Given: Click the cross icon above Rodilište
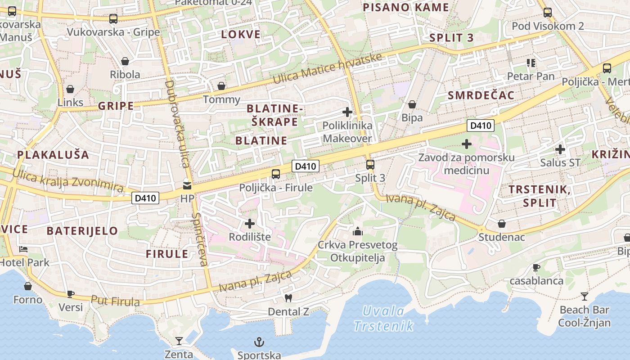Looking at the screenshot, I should click(249, 223).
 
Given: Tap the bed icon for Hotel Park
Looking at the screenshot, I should click(23, 249).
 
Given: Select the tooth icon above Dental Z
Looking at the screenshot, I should click(288, 298).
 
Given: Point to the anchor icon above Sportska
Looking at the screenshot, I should click(259, 342).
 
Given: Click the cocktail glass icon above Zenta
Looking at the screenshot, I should click(179, 341).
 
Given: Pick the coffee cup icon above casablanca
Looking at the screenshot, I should click(536, 267).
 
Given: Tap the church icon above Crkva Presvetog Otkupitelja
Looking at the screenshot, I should click(358, 231).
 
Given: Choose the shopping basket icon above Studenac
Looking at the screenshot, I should click(501, 224).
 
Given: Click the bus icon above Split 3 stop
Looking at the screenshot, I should click(370, 164).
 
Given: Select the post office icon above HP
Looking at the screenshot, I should click(187, 185).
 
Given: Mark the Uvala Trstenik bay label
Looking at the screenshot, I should click(383, 318).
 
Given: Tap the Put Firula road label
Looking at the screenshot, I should click(115, 301).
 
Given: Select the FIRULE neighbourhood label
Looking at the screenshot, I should click(167, 254).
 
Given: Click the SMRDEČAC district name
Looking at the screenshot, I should click(481, 95).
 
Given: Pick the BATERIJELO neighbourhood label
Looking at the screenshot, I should click(82, 231).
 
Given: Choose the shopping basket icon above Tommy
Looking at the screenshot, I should click(221, 86).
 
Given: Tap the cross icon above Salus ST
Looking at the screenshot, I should click(560, 149).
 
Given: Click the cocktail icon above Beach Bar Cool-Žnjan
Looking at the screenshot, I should click(584, 296).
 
